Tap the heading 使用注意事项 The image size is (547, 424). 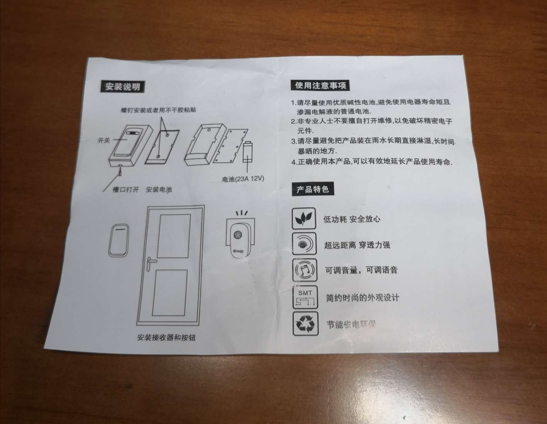320,85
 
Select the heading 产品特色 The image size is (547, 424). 312,189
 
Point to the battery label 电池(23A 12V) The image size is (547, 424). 243,179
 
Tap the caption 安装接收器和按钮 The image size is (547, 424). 166,337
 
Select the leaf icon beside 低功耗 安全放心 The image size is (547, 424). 304,219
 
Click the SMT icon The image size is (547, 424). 305,297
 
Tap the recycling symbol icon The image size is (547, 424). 305,324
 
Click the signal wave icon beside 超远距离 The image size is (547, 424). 304,244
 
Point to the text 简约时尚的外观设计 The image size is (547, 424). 362,298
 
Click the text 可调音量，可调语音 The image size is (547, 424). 361,270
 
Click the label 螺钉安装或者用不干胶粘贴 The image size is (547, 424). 159,110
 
